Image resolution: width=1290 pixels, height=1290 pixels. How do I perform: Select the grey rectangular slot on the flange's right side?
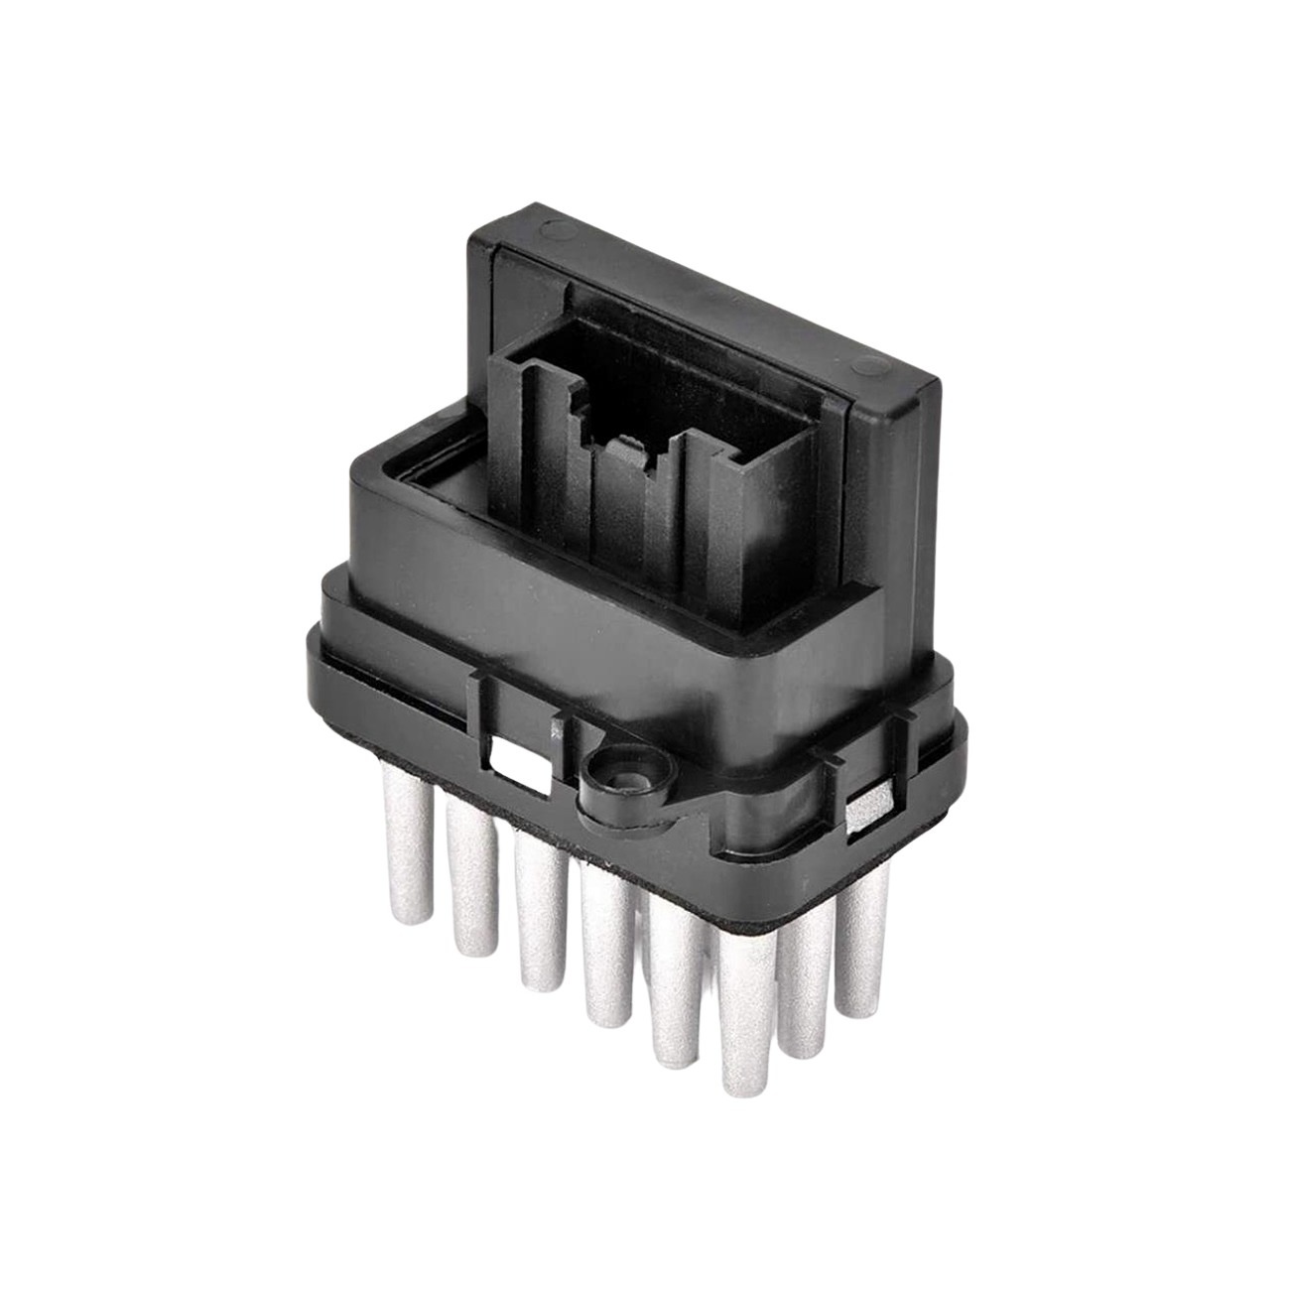point(866,802)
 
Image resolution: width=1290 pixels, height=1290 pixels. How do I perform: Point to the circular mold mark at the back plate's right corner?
point(874,361)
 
